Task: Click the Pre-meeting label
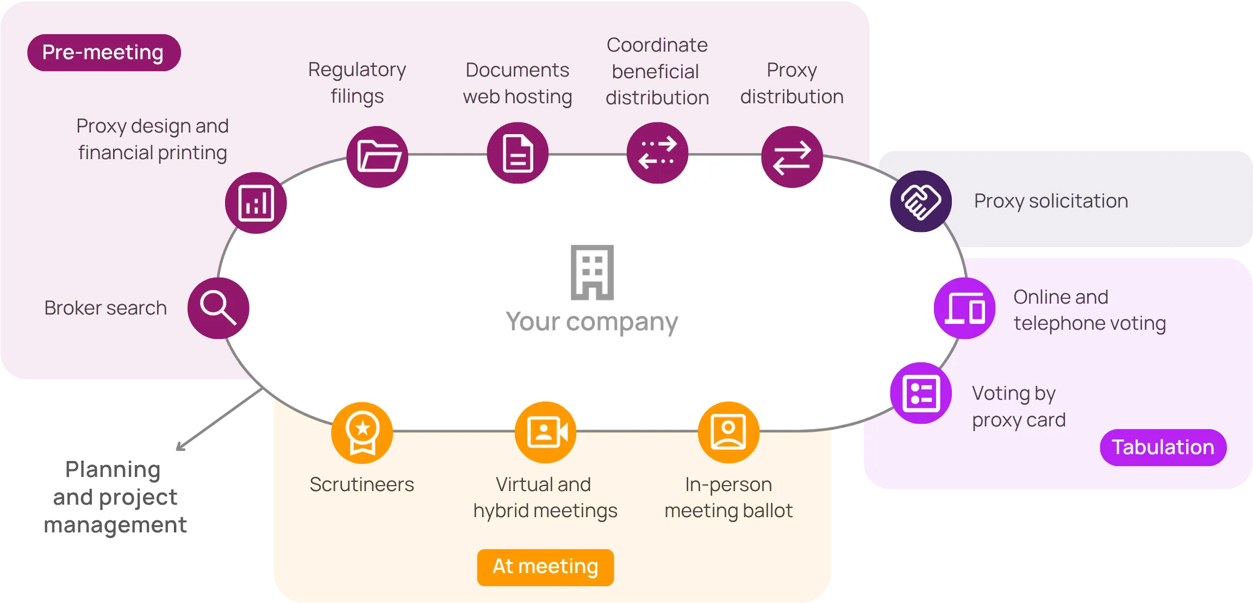tap(103, 53)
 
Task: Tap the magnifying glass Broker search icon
tap(218, 308)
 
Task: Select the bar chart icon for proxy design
tap(256, 203)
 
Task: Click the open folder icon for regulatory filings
tap(378, 156)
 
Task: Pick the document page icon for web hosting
tap(518, 153)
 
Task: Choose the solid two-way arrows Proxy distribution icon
tap(791, 158)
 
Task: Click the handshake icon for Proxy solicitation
tap(920, 202)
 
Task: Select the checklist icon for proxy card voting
tap(921, 393)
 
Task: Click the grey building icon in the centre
tap(592, 272)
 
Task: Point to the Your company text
tap(591, 322)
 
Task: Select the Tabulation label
tap(1163, 447)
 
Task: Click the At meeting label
tap(545, 566)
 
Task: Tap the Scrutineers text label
tap(361, 484)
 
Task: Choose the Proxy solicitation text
tap(1051, 201)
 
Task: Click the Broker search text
tap(105, 308)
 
